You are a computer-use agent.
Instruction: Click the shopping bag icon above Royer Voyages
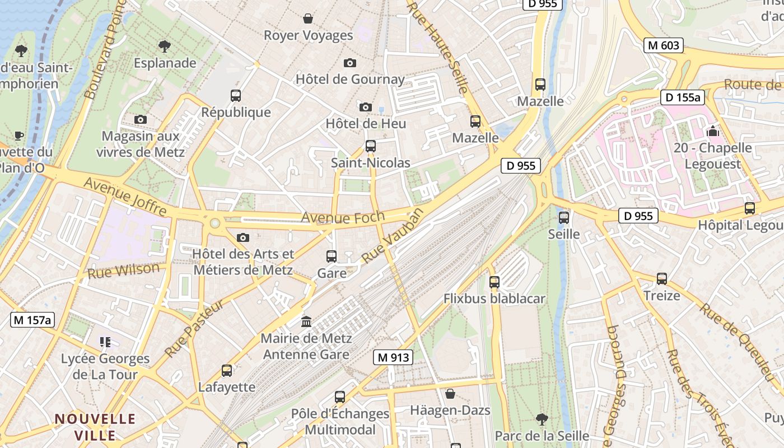308,19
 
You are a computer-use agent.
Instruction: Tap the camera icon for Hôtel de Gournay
350,63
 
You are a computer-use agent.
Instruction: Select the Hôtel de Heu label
366,123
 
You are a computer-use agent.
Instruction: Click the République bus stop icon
236,96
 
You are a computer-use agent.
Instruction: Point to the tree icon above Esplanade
165,46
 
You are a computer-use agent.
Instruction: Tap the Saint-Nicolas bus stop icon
370,146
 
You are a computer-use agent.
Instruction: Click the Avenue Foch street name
343,217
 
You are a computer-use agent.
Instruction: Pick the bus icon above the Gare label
332,256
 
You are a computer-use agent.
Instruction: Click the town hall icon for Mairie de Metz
306,322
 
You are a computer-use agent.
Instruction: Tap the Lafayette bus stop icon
227,371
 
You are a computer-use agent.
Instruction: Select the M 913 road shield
393,357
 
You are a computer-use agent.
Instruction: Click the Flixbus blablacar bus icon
494,282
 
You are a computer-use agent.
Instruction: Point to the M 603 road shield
664,45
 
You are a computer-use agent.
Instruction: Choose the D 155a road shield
682,97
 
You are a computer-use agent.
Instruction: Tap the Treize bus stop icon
662,279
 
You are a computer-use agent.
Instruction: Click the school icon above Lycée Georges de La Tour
105,342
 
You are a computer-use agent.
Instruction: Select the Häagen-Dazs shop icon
450,394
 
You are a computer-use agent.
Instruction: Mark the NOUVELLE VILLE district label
95,427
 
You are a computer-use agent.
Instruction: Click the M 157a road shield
33,320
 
